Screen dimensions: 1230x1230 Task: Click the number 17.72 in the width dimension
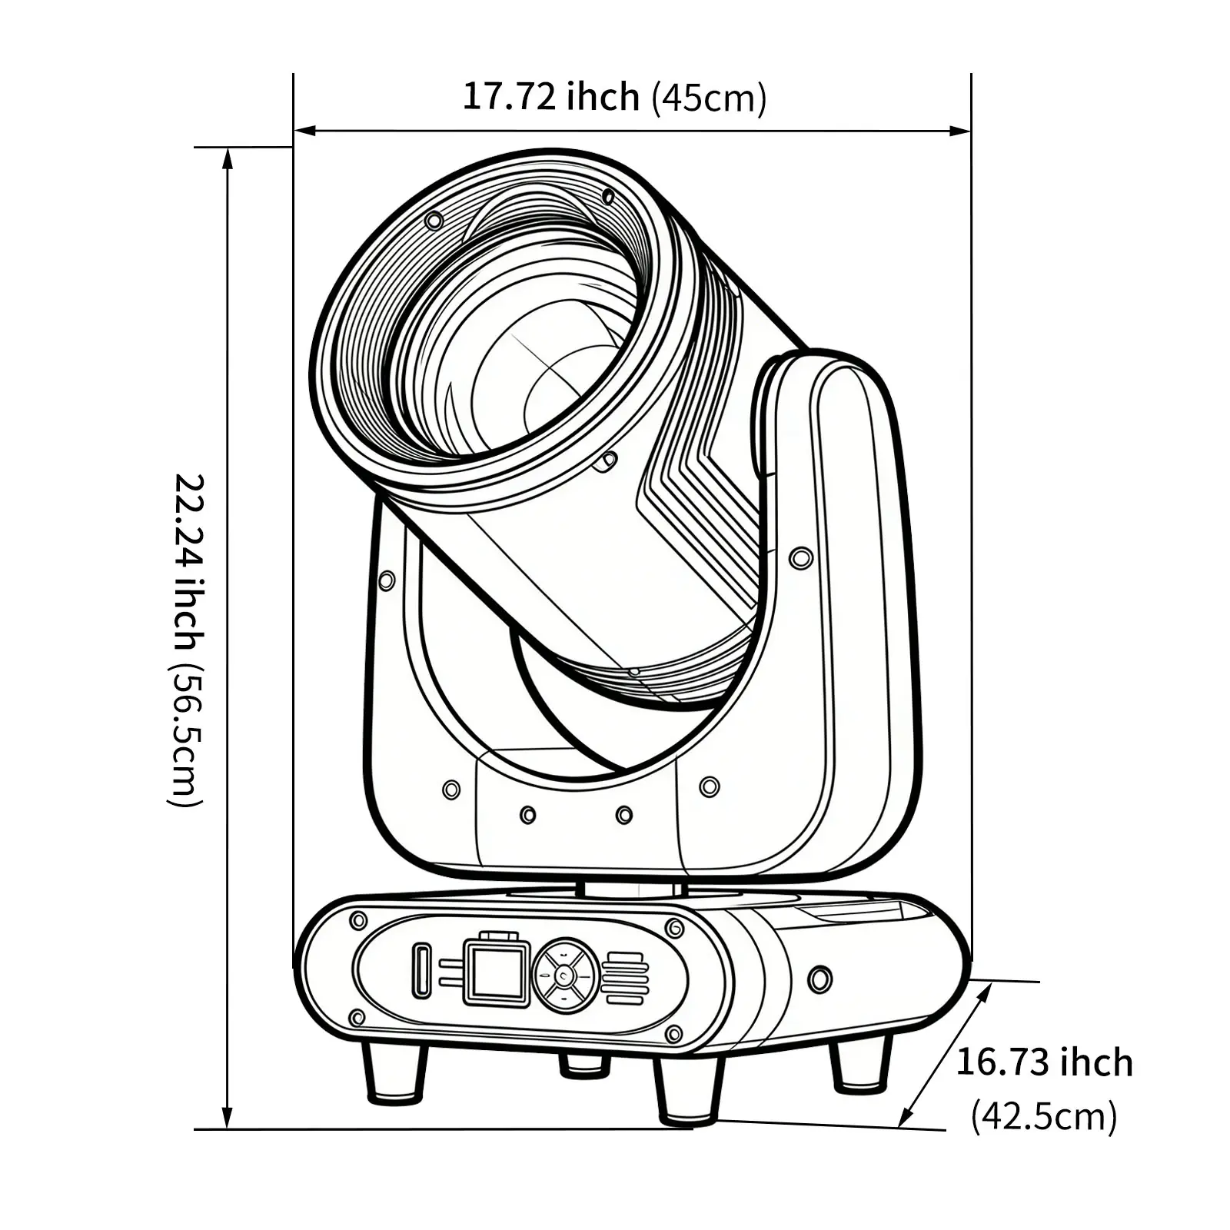tap(509, 96)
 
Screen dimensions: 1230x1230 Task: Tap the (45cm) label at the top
tap(709, 98)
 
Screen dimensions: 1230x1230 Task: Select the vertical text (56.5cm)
tap(187, 737)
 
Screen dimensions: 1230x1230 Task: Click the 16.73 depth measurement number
tap(1003, 1062)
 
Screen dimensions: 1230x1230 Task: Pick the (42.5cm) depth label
tap(1043, 1115)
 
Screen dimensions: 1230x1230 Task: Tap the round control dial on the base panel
tap(566, 976)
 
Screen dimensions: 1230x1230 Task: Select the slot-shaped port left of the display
tap(421, 970)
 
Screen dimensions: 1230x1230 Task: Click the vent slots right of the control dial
tap(625, 978)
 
